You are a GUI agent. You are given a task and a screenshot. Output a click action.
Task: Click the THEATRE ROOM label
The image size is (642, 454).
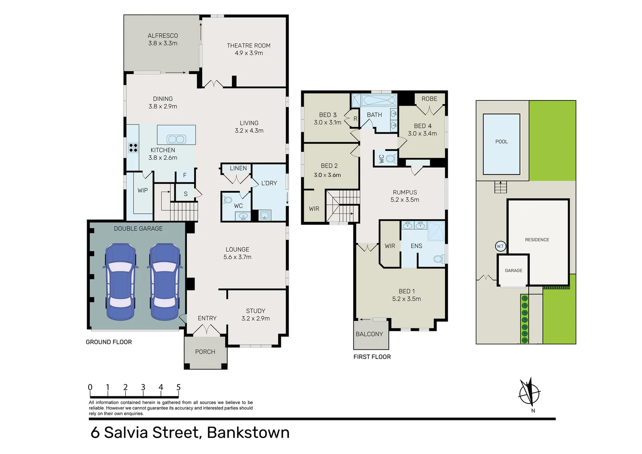point(249,45)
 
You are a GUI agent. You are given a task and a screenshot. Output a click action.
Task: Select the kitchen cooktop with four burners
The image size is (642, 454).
point(133,148)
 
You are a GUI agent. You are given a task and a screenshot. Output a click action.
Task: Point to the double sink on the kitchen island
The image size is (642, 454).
point(176,139)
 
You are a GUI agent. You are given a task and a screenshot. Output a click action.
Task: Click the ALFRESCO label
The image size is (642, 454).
point(163,36)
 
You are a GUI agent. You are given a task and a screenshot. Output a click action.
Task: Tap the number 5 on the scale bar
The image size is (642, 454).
point(179,387)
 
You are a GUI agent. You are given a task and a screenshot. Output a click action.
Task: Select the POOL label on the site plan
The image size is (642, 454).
point(501,142)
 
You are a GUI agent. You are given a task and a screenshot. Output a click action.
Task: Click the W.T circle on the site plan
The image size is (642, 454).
point(500,246)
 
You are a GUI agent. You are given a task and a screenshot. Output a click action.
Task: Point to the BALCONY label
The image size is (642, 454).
point(369,334)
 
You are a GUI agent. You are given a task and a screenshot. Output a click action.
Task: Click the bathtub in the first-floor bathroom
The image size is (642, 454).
point(379,101)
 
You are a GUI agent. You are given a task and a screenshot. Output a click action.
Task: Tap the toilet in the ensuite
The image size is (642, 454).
point(439,259)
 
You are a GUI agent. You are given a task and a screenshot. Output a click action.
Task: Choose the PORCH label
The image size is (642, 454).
point(205,352)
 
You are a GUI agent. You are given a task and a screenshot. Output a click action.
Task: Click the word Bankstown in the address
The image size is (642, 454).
point(248,433)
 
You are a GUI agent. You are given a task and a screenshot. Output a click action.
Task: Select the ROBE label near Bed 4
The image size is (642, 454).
point(429,99)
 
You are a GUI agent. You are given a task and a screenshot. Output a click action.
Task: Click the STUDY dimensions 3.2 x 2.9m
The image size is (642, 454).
point(255,319)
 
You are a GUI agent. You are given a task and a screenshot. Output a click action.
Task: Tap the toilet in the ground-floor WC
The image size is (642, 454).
point(228,200)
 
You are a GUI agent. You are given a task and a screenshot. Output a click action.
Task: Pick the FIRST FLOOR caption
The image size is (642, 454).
point(372,357)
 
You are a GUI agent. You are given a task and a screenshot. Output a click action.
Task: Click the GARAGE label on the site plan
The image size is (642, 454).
point(513,271)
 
